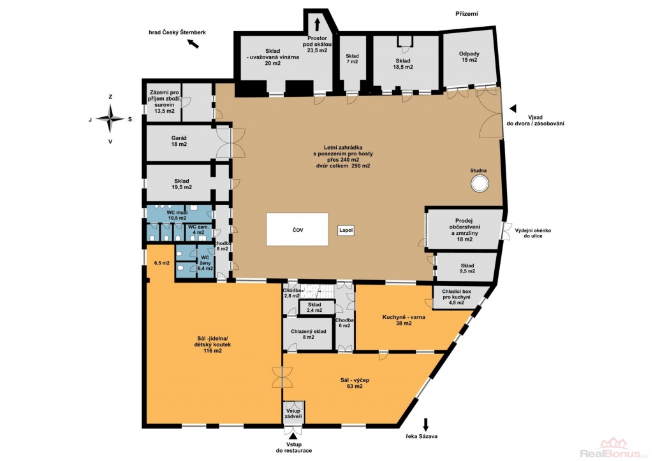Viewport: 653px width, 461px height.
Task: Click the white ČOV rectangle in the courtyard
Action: tap(297, 229)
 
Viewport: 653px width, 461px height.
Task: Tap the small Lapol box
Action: tap(346, 230)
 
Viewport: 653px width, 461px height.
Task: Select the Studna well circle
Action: tap(480, 183)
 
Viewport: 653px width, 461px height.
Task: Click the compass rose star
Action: tap(110, 119)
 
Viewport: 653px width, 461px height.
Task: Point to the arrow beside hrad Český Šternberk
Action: tap(193, 43)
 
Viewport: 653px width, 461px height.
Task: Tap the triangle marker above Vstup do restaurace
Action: tap(293, 436)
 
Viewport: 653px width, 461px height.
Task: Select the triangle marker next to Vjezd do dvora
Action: tap(513, 108)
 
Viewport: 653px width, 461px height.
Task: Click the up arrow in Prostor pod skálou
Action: tap(318, 25)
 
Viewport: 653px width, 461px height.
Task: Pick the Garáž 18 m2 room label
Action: tap(179, 141)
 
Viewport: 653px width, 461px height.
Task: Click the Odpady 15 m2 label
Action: tap(469, 57)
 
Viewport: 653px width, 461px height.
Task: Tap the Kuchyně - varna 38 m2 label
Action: tap(404, 320)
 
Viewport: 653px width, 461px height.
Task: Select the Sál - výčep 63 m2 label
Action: tap(355, 383)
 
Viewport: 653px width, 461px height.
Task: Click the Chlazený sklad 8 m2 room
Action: tap(308, 334)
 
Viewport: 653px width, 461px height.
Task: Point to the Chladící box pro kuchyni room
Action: tap(457, 297)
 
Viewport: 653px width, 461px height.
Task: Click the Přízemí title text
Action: tap(466, 14)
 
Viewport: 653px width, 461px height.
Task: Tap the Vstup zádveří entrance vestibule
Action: tap(293, 413)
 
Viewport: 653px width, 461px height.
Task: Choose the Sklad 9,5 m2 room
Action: tap(466, 268)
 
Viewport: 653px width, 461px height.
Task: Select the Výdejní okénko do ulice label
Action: tap(533, 233)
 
